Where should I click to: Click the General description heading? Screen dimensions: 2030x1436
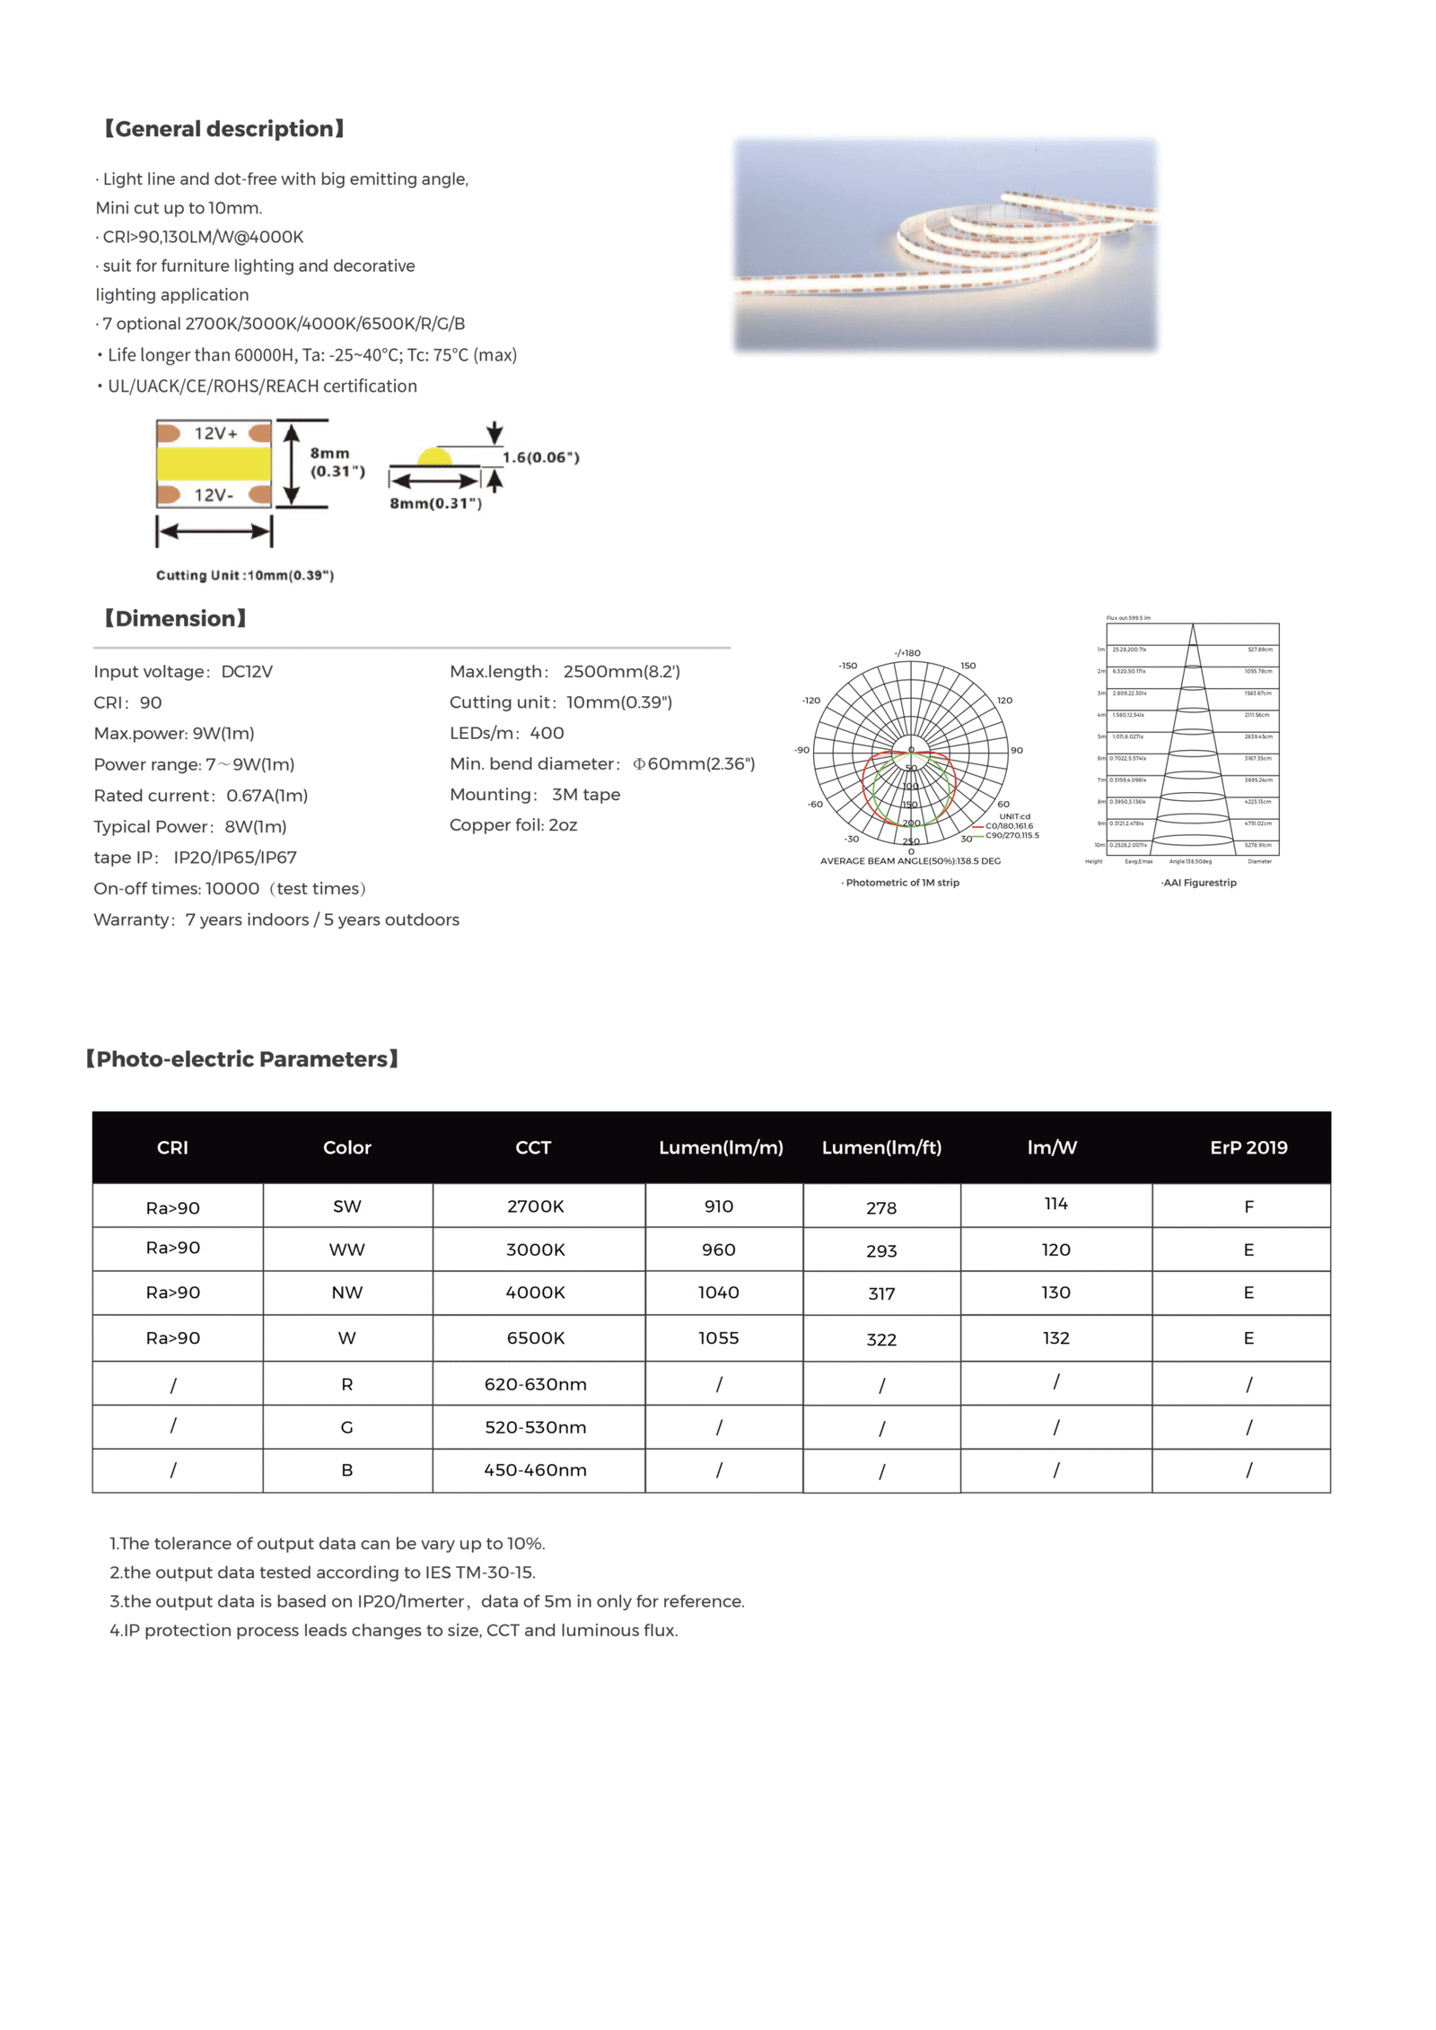click(x=224, y=129)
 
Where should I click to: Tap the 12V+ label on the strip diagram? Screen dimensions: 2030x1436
click(x=215, y=433)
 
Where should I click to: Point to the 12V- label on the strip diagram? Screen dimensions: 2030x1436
click(x=214, y=494)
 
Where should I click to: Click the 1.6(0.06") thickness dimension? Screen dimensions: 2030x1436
click(x=540, y=457)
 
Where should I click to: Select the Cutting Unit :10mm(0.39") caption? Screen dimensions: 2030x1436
click(x=245, y=575)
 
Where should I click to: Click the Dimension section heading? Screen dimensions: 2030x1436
click(x=175, y=618)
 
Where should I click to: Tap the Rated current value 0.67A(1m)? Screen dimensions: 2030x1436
click(x=267, y=796)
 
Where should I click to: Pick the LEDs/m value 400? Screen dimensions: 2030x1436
click(x=547, y=733)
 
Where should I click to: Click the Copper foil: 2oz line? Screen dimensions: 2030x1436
click(x=512, y=825)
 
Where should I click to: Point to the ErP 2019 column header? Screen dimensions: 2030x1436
click(x=1248, y=1147)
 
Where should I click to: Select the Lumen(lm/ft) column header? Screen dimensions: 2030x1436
click(x=881, y=1147)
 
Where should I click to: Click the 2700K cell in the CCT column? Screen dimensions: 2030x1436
click(x=535, y=1207)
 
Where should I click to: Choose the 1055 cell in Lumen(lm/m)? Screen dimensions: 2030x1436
click(x=718, y=1337)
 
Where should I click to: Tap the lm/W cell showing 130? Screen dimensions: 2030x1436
click(x=1055, y=1293)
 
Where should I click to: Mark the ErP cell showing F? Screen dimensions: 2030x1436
click(x=1248, y=1207)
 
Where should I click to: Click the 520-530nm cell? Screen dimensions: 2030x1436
click(x=535, y=1427)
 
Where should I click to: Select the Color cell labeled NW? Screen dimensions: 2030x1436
click(x=346, y=1293)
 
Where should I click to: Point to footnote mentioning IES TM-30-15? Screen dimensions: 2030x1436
click(x=322, y=1573)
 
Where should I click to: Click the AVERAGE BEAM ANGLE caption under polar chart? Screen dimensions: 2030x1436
click(x=909, y=861)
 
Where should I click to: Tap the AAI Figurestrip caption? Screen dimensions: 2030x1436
click(x=1198, y=883)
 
